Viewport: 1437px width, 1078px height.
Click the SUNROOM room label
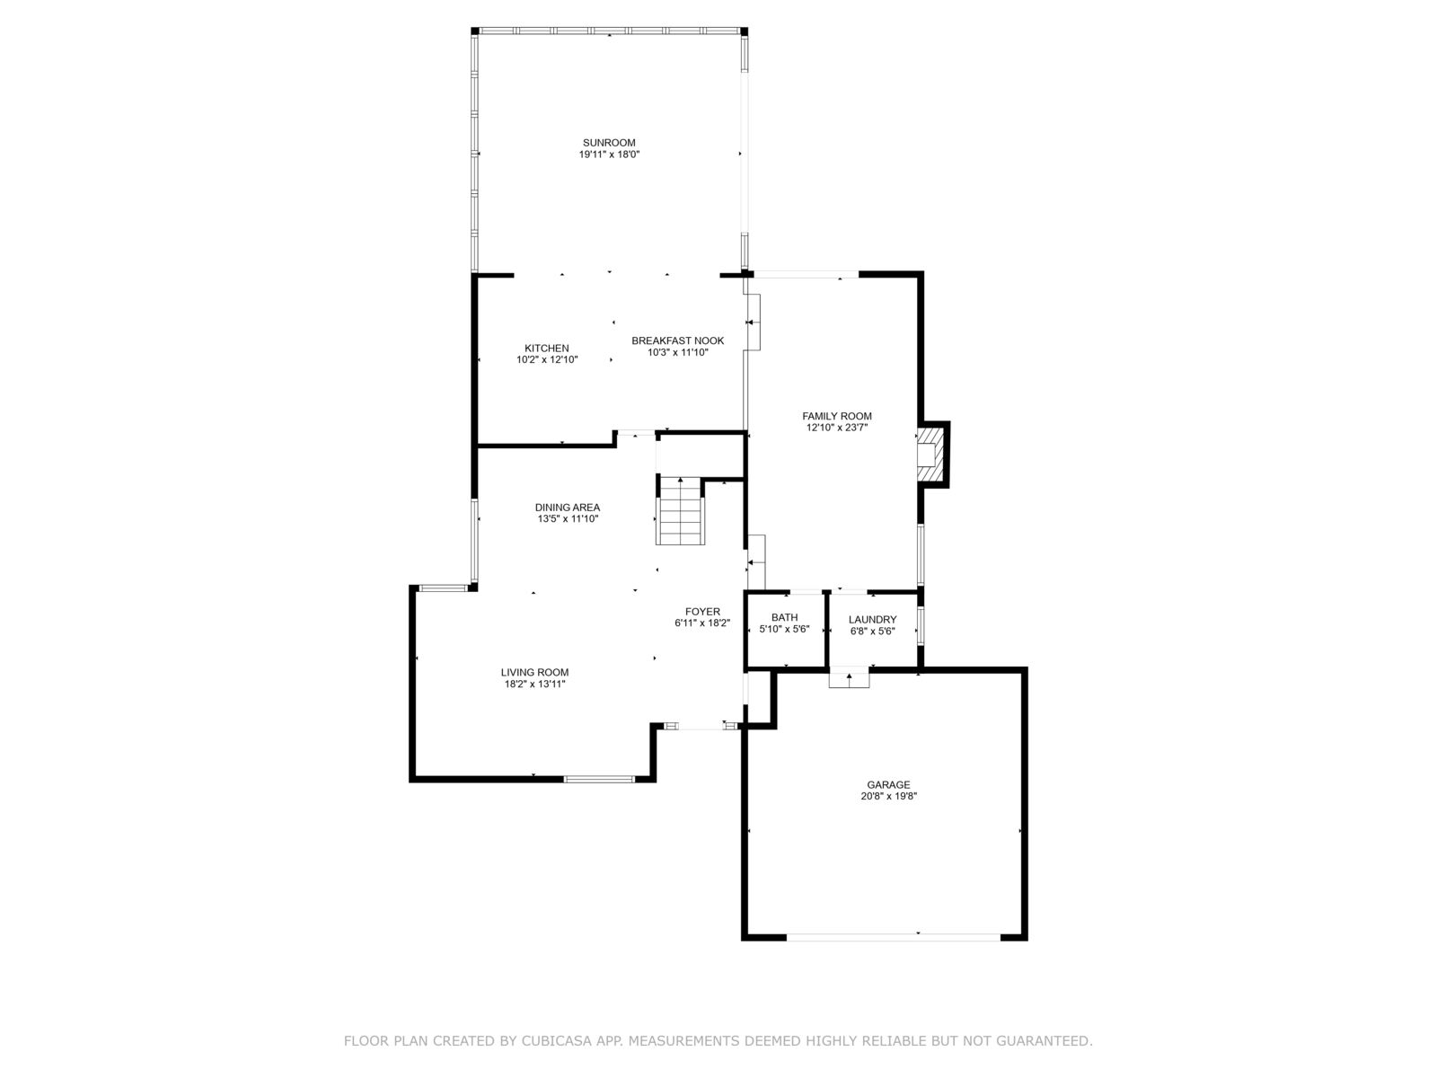point(609,143)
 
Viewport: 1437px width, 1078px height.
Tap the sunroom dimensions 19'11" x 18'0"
point(609,155)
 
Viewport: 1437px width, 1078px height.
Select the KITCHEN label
point(547,349)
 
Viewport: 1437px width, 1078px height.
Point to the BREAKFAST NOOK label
point(677,340)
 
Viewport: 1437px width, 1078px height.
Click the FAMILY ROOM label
point(837,416)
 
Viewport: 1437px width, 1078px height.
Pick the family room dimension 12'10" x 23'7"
point(837,428)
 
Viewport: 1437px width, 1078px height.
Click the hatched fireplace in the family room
point(930,455)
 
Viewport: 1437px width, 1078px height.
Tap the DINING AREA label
point(568,508)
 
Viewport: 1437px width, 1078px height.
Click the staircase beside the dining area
point(680,511)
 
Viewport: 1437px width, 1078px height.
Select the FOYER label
point(702,612)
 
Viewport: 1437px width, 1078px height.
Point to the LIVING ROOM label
point(535,672)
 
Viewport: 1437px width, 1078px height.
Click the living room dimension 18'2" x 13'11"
point(535,684)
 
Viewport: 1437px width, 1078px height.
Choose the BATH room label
point(784,617)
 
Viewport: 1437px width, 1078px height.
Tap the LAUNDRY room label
point(873,619)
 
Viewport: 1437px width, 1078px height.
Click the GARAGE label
point(888,785)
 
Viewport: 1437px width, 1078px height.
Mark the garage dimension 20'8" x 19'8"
point(888,797)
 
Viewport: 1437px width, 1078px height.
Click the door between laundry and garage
point(849,677)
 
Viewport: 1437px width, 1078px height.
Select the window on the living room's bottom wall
point(599,779)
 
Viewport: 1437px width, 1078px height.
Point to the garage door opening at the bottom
point(893,937)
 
